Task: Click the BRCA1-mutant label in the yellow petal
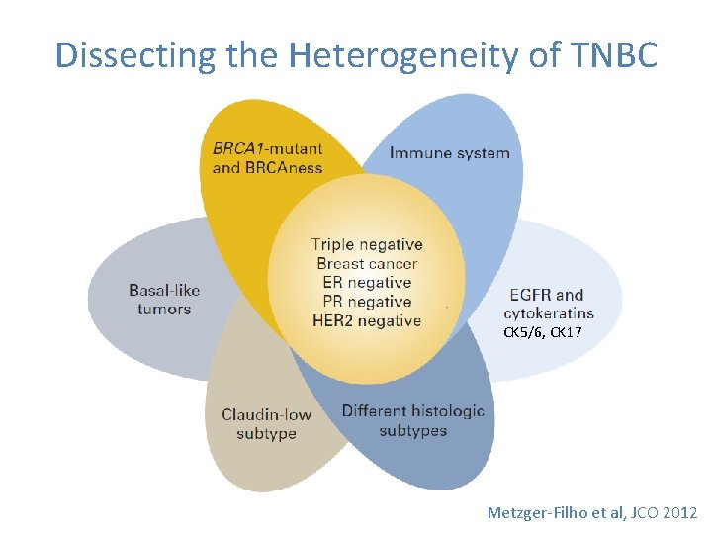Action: pos(267,149)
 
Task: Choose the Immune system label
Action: pos(450,153)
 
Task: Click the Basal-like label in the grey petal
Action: pos(164,290)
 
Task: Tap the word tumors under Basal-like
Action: pos(164,309)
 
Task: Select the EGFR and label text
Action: pos(546,295)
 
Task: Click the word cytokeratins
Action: pos(549,313)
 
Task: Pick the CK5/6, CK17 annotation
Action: pos(543,334)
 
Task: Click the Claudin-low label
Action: pos(266,414)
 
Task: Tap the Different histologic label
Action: pos(413,411)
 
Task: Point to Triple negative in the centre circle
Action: pos(367,244)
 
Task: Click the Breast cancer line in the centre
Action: pos(367,264)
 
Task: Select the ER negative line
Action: pos(367,283)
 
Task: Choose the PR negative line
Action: pos(367,302)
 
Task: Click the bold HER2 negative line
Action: pos(367,320)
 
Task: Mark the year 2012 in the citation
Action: pos(680,512)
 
